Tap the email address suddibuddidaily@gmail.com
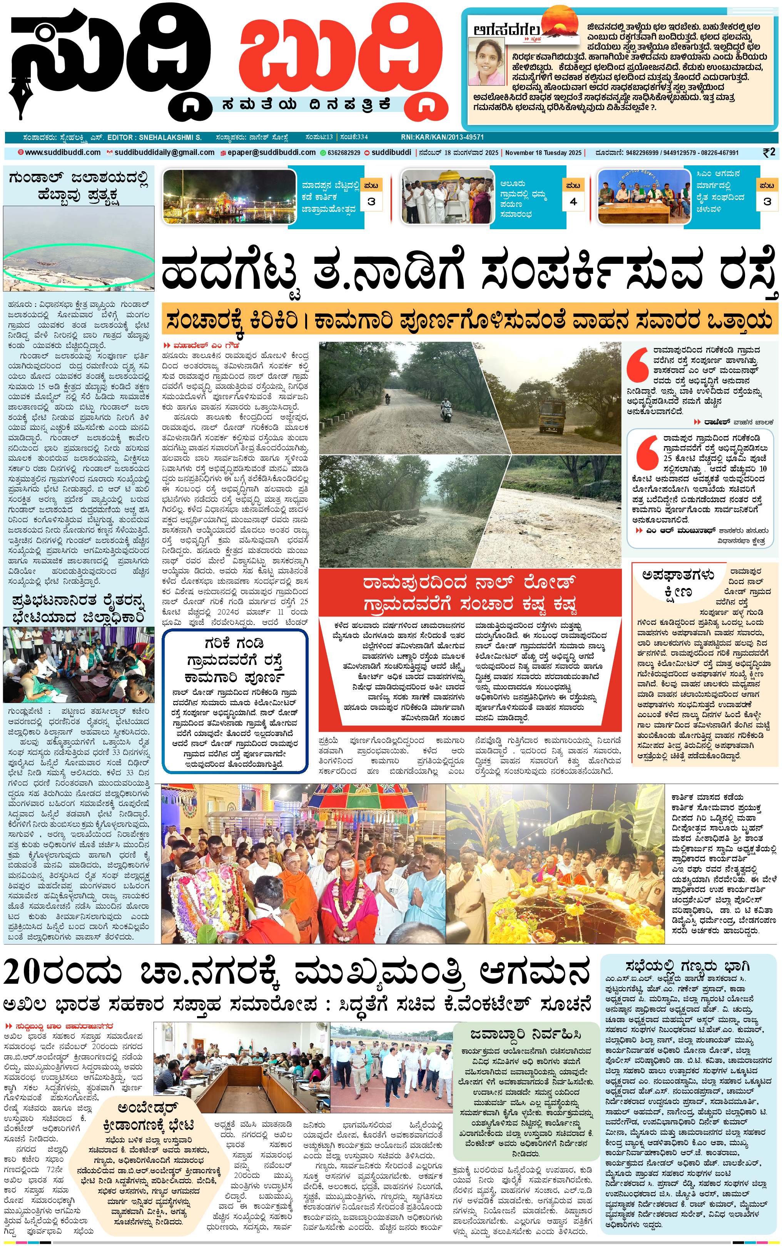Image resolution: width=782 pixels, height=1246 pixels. click(164, 152)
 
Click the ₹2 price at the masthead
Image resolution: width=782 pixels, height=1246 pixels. click(769, 152)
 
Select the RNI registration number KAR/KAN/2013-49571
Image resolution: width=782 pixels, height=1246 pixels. click(442, 137)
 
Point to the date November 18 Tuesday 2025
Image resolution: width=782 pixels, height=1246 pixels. click(543, 153)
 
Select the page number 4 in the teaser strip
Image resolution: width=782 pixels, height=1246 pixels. click(573, 202)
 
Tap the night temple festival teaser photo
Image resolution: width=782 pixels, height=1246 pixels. click(225, 197)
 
